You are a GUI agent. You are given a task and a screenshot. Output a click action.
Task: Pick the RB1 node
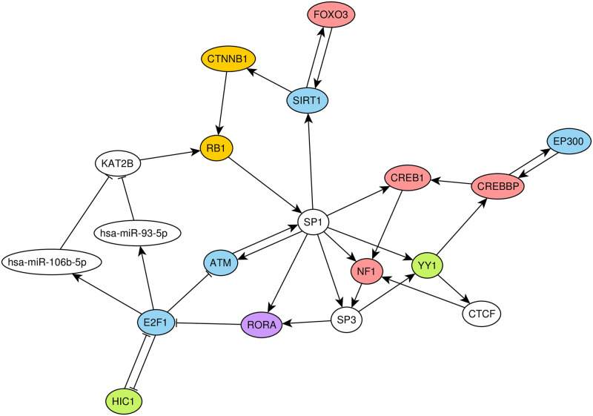click(216, 148)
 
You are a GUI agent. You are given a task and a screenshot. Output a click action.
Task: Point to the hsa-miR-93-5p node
click(139, 233)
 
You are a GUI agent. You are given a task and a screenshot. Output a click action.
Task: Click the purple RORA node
click(263, 325)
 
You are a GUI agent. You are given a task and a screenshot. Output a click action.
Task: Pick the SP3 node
click(351, 321)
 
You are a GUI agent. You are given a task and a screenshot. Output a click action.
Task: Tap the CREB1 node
click(406, 177)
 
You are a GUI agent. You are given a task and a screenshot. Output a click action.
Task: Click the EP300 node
click(568, 141)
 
